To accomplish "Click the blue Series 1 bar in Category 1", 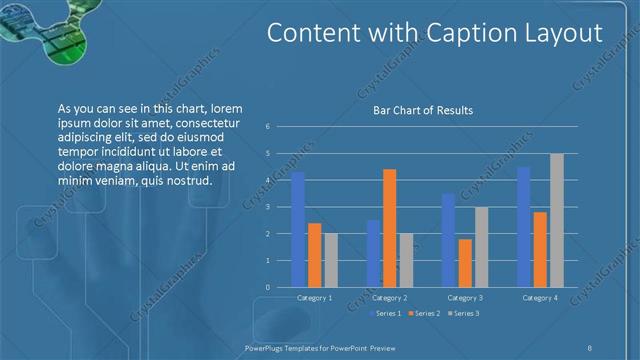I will point(298,230).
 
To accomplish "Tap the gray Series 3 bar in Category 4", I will point(557,220).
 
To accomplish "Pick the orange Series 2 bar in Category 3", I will point(465,263).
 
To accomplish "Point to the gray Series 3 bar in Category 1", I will point(331,260).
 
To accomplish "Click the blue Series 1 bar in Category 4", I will point(523,227).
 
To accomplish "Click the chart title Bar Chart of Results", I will point(423,110).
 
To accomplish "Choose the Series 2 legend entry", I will point(423,314).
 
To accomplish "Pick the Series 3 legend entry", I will point(464,314).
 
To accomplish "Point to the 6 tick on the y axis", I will point(268,127).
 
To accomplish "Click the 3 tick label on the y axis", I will point(268,207).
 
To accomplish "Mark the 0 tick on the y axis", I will point(268,287).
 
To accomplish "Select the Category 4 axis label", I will point(540,298).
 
